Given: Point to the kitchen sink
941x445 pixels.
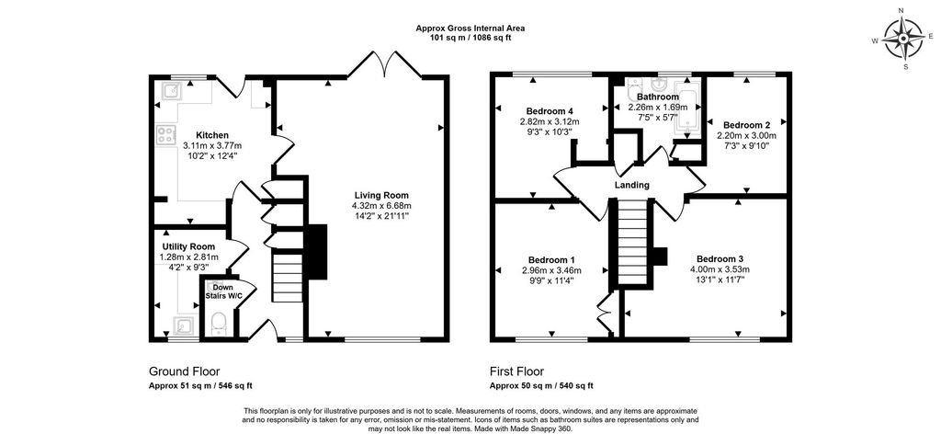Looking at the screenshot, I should coord(170,90).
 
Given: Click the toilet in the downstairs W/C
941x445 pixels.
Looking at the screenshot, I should coord(219,323).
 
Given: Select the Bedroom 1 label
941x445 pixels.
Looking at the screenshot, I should coord(552,259).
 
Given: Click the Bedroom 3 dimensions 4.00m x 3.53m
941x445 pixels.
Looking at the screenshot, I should coord(722,269).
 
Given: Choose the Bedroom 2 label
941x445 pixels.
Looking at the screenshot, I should coord(745,125).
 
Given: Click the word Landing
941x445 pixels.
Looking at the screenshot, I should coord(632,185).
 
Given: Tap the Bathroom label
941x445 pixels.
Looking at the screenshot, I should coord(658,97).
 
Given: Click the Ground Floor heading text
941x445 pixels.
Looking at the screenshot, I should coord(184,371).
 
